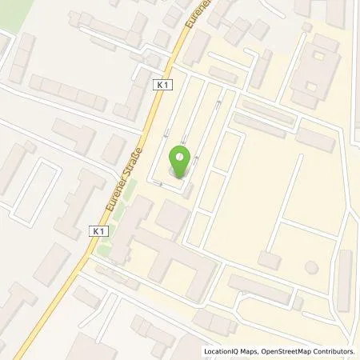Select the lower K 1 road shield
98,230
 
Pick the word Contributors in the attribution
333,351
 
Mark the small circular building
310,266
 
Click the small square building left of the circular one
269,259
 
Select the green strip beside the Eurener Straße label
129,192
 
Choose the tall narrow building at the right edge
345,281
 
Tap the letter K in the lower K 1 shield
94,230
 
